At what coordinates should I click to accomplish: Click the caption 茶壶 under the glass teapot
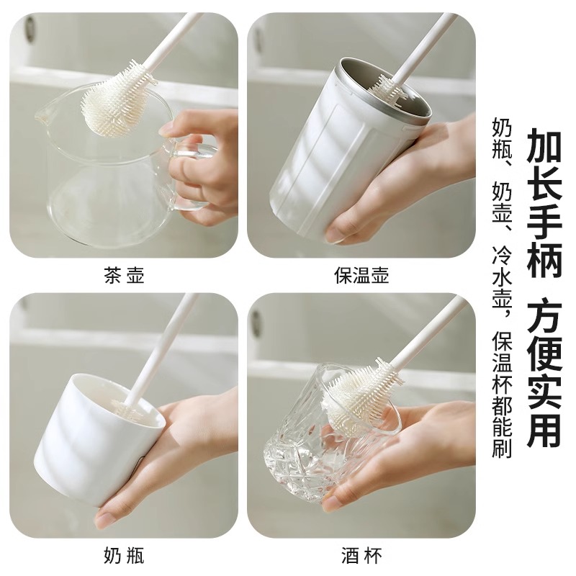click(x=124, y=276)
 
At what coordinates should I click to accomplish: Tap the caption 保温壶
click(x=361, y=276)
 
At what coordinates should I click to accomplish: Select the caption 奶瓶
click(x=124, y=555)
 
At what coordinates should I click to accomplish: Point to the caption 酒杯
click(x=361, y=555)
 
